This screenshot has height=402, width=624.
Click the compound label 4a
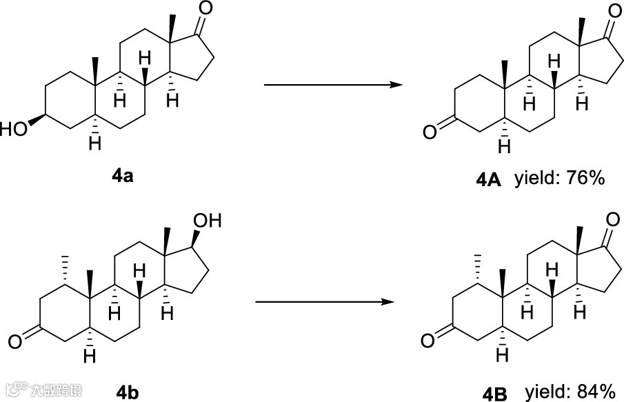(x=122, y=177)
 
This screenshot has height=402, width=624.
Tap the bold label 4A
(x=490, y=181)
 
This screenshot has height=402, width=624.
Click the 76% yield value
(x=586, y=179)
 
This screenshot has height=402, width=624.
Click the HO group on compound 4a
(x=14, y=130)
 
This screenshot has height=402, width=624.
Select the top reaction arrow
(x=333, y=86)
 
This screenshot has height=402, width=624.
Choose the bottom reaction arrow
(x=324, y=302)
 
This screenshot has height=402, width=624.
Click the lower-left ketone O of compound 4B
(x=427, y=340)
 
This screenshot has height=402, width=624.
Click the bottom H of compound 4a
(x=96, y=143)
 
